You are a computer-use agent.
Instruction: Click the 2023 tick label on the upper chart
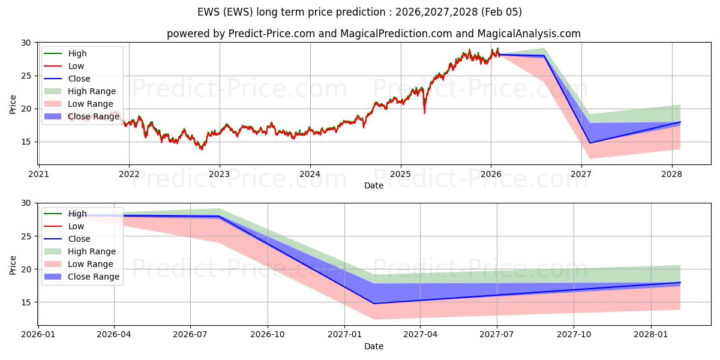coord(220,174)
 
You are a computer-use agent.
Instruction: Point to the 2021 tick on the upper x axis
coord(38,174)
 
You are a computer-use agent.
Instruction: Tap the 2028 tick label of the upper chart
coord(671,174)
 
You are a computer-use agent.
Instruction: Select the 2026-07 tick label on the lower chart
coord(190,334)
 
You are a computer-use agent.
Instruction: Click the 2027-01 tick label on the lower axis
coord(344,334)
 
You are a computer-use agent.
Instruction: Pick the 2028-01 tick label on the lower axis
coord(651,334)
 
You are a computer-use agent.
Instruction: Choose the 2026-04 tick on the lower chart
coord(114,334)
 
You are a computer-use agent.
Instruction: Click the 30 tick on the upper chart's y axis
coord(25,43)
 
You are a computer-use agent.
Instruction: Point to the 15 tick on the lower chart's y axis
coord(25,302)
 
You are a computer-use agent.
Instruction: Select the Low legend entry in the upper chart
coord(76,66)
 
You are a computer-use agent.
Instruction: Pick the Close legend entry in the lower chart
coord(79,239)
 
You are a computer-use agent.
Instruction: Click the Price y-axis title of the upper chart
coord(13,104)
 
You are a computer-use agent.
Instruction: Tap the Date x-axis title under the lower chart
coord(373,346)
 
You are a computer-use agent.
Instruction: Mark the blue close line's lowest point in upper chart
coord(590,143)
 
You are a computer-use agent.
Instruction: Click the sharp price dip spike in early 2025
coord(425,112)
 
